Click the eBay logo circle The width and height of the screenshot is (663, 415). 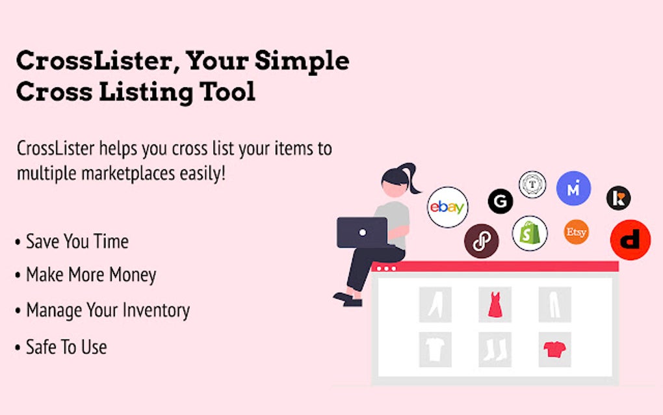click(448, 207)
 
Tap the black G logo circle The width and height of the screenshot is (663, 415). click(500, 202)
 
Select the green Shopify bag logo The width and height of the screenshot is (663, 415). click(530, 234)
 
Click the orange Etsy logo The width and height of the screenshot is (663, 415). click(576, 232)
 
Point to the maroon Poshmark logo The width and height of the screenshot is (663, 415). click(481, 241)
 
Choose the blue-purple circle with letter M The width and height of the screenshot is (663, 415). click(573, 188)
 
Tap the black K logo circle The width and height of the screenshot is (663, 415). click(618, 198)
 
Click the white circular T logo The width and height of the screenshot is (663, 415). click(532, 184)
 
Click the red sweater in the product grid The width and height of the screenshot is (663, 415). click(554, 349)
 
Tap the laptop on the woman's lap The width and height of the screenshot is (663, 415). click(362, 232)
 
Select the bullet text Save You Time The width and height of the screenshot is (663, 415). click(77, 241)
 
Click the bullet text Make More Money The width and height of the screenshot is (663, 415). click(91, 274)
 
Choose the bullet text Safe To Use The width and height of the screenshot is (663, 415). click(66, 347)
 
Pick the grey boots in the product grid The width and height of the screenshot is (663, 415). click(494, 349)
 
